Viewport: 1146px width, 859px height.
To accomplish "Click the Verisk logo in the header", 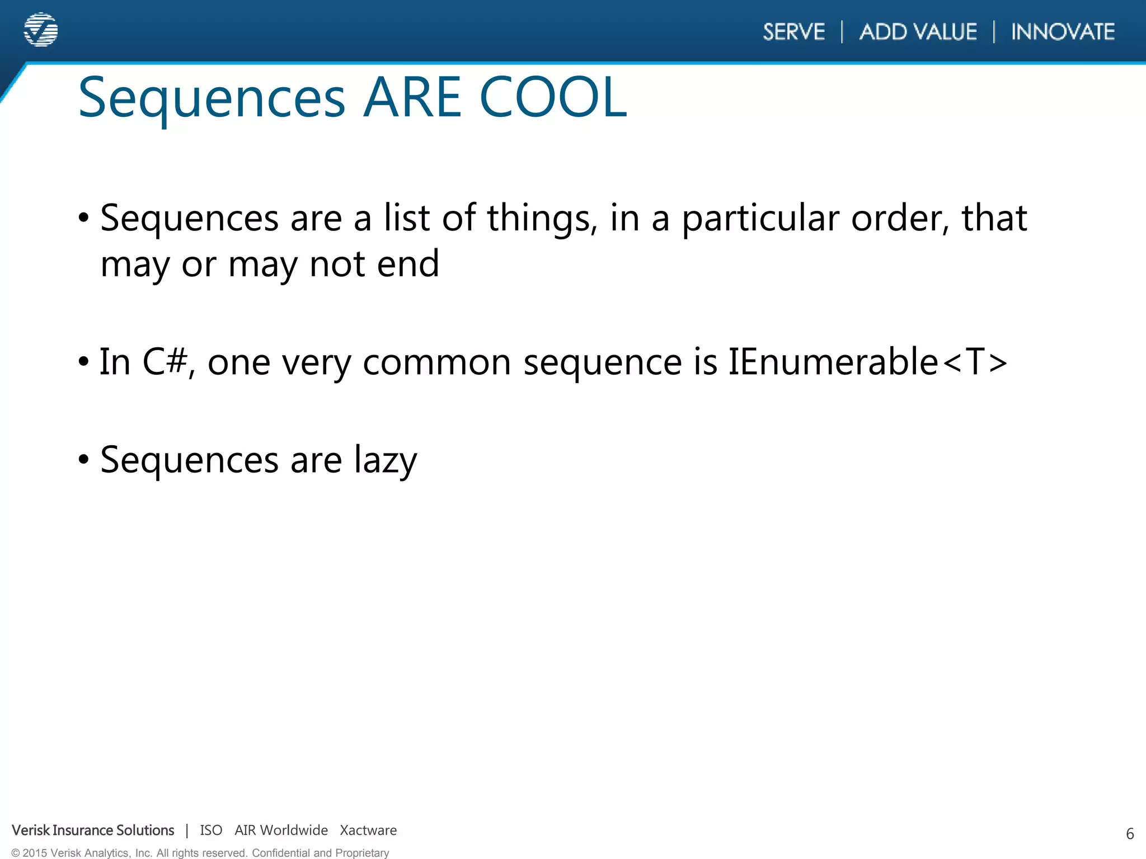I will tap(41, 30).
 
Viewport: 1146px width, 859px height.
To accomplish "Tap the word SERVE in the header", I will tap(793, 32).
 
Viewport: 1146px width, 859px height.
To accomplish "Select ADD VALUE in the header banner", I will tap(918, 32).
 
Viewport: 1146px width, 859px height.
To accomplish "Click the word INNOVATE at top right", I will tap(1063, 32).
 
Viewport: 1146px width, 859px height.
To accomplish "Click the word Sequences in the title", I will tap(212, 100).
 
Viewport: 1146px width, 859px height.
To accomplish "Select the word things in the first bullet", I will tap(538, 219).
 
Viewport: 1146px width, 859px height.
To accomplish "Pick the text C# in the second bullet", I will tap(165, 362).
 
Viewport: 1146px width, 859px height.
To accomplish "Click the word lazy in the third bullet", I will tap(386, 461).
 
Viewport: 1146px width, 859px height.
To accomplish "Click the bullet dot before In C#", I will tap(84, 362).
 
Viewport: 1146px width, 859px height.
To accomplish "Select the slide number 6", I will tap(1129, 834).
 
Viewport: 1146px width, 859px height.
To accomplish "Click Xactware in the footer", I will tap(368, 830).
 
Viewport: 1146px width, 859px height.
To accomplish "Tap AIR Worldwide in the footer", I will tap(281, 830).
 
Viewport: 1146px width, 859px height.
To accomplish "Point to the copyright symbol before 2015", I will tap(16, 853).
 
